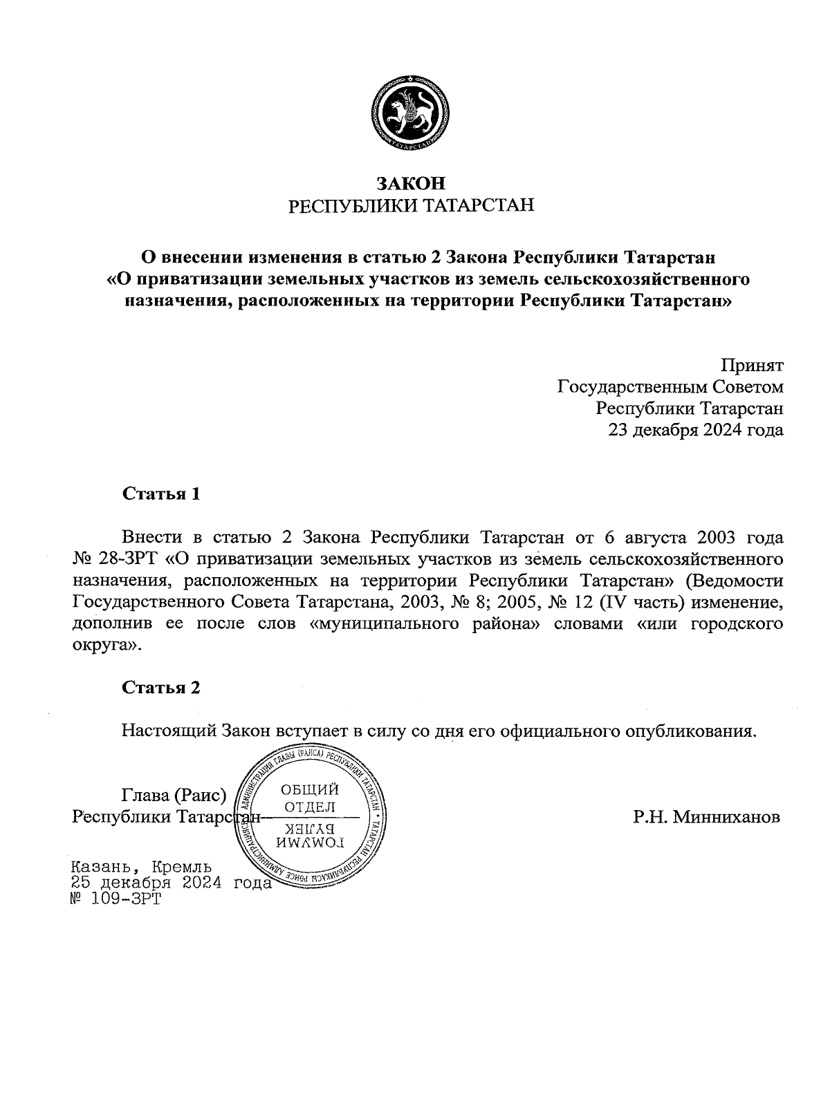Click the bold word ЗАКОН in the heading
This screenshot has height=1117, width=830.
(x=411, y=183)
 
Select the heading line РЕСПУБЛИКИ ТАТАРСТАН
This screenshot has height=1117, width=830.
(x=411, y=206)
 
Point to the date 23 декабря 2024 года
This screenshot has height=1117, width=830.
(x=695, y=430)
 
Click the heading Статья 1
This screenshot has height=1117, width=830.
(x=161, y=494)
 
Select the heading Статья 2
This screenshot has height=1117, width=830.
(x=161, y=688)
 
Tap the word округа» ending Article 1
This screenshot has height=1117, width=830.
(x=107, y=646)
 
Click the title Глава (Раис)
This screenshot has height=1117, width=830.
(x=174, y=796)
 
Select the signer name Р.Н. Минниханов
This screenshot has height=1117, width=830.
(x=706, y=817)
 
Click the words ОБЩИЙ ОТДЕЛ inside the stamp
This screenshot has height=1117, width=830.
(x=311, y=798)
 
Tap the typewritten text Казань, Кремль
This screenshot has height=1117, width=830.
(x=142, y=867)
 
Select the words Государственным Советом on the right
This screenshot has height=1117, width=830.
(x=670, y=386)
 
